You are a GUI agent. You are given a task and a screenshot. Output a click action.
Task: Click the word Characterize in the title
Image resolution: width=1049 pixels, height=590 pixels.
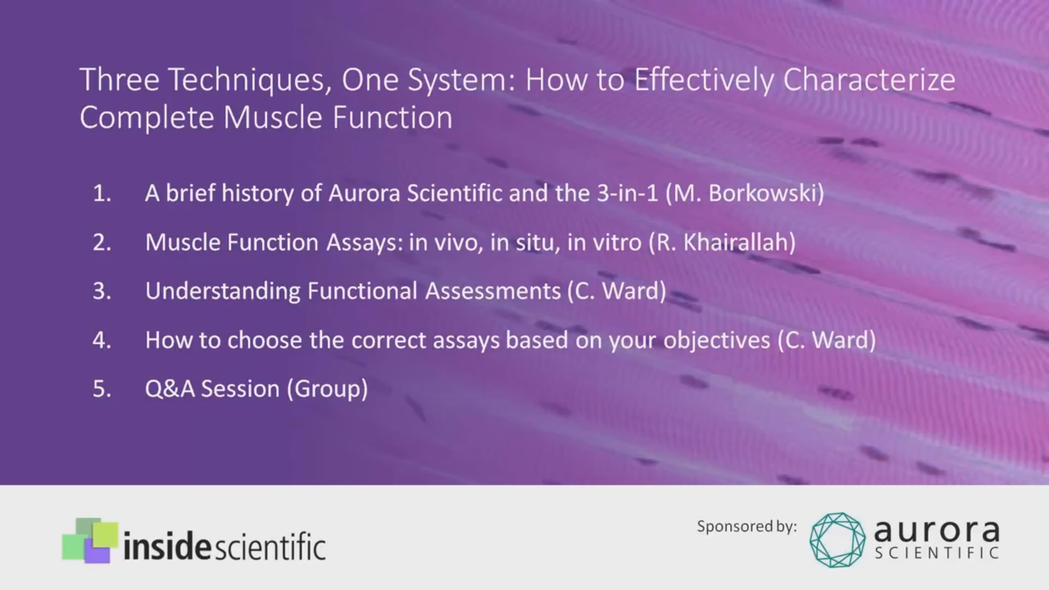[x=869, y=80]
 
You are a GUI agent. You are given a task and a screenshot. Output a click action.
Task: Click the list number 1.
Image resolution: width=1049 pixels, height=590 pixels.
[x=102, y=193]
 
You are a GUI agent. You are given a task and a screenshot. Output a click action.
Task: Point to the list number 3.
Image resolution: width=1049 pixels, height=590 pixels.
[x=102, y=291]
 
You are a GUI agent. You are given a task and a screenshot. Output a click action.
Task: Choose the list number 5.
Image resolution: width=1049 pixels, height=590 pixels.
[x=102, y=388]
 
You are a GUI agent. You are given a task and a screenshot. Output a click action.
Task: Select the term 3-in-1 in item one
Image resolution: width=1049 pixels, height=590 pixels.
[x=627, y=193]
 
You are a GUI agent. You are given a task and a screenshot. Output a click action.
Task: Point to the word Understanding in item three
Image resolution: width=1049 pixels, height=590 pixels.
[x=222, y=291]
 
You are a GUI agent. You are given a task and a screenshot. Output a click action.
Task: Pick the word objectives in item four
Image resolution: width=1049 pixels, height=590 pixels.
[x=717, y=340]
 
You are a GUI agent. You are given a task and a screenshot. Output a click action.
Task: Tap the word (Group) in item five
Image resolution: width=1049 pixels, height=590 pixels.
[x=327, y=390]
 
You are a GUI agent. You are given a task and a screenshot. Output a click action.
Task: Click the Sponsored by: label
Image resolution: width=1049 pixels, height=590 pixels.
[x=747, y=527]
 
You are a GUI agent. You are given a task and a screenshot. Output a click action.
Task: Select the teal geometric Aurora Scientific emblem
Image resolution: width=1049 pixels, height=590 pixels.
[x=838, y=540]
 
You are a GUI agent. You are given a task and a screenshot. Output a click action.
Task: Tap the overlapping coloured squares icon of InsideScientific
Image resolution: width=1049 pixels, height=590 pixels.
[x=90, y=540]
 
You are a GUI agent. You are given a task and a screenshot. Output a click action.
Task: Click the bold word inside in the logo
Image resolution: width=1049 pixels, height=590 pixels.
[x=166, y=545]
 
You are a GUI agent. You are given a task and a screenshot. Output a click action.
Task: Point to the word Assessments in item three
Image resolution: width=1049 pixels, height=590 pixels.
[x=493, y=291]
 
